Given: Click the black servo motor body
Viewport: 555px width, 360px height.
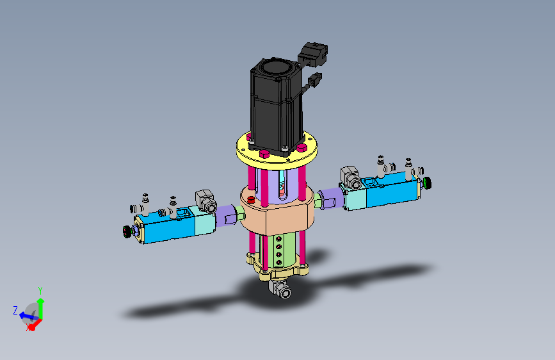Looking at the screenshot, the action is pos(277,106).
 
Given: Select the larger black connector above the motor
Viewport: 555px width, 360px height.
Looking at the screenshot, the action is pos(312,54).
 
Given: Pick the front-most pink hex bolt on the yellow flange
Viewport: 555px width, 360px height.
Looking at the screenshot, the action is pos(264,154).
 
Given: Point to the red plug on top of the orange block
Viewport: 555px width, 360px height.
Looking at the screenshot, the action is pos(252,199).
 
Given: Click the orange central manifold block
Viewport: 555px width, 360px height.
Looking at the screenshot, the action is pos(277,212).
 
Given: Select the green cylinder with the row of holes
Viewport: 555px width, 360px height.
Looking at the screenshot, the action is pos(278,250).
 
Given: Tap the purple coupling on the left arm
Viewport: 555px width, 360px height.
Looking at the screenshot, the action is pos(226,215).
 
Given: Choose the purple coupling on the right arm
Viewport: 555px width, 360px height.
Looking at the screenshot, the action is pos(332,199).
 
